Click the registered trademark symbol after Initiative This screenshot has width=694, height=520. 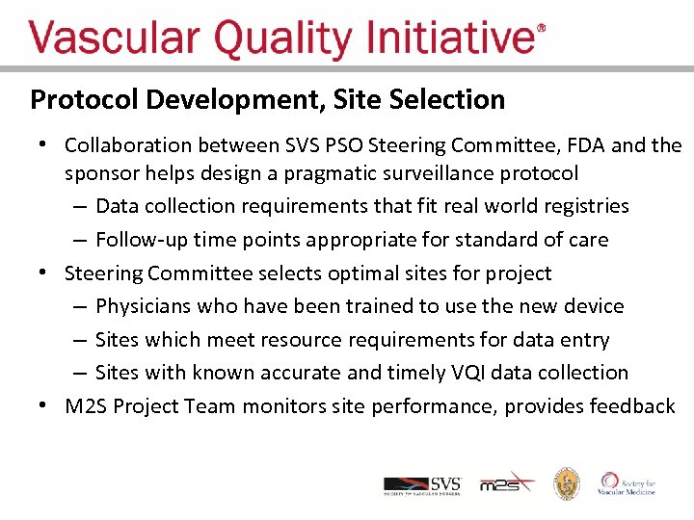click(541, 29)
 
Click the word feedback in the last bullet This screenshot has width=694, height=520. click(629, 406)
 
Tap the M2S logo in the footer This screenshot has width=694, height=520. click(506, 483)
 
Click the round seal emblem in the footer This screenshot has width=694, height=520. click(566, 483)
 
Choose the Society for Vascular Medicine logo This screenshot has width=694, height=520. click(627, 483)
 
